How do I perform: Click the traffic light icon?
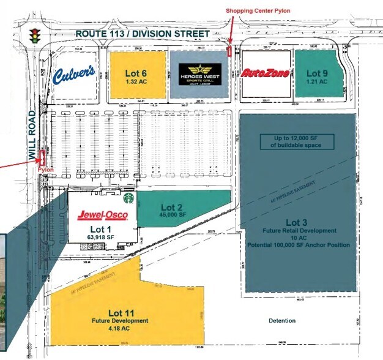pyautogui.click(x=35, y=34)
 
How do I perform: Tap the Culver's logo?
pyautogui.click(x=73, y=75)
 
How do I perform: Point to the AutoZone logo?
pyautogui.click(x=265, y=73)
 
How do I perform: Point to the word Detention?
pyautogui.click(x=281, y=321)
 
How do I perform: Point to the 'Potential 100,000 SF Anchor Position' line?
pyautogui.click(x=299, y=245)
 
